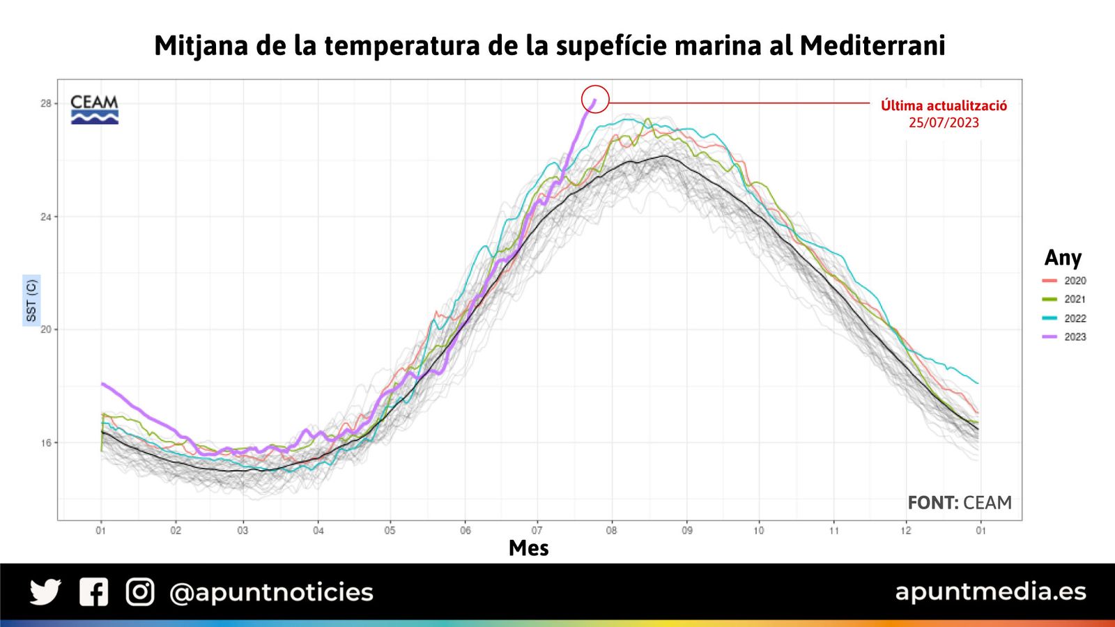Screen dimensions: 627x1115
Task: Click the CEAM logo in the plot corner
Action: (95, 109)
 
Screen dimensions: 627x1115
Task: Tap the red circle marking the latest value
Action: (595, 100)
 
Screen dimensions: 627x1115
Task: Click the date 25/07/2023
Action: (944, 123)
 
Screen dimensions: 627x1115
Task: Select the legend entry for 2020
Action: (1064, 281)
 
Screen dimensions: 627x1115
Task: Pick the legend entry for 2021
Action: (1064, 299)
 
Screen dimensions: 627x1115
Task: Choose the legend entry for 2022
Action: (1064, 318)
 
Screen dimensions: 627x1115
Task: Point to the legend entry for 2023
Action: (1064, 336)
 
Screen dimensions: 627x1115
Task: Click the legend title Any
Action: (1063, 258)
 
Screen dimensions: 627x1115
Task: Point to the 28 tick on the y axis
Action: (46, 104)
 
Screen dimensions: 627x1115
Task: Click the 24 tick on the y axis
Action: (46, 217)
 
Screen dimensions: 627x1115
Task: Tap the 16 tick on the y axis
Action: (46, 443)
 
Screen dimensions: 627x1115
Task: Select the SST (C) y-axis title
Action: (31, 300)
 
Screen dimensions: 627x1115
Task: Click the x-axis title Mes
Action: (528, 548)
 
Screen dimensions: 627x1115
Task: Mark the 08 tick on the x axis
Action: (611, 531)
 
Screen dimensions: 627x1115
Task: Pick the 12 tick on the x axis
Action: (905, 531)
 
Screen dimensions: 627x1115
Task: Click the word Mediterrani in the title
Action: (872, 46)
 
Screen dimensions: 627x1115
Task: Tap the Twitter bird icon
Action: (45, 592)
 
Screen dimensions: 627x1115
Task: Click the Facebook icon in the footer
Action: (93, 592)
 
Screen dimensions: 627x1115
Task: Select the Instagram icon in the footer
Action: (140, 592)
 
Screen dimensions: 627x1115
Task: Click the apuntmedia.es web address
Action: (990, 591)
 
